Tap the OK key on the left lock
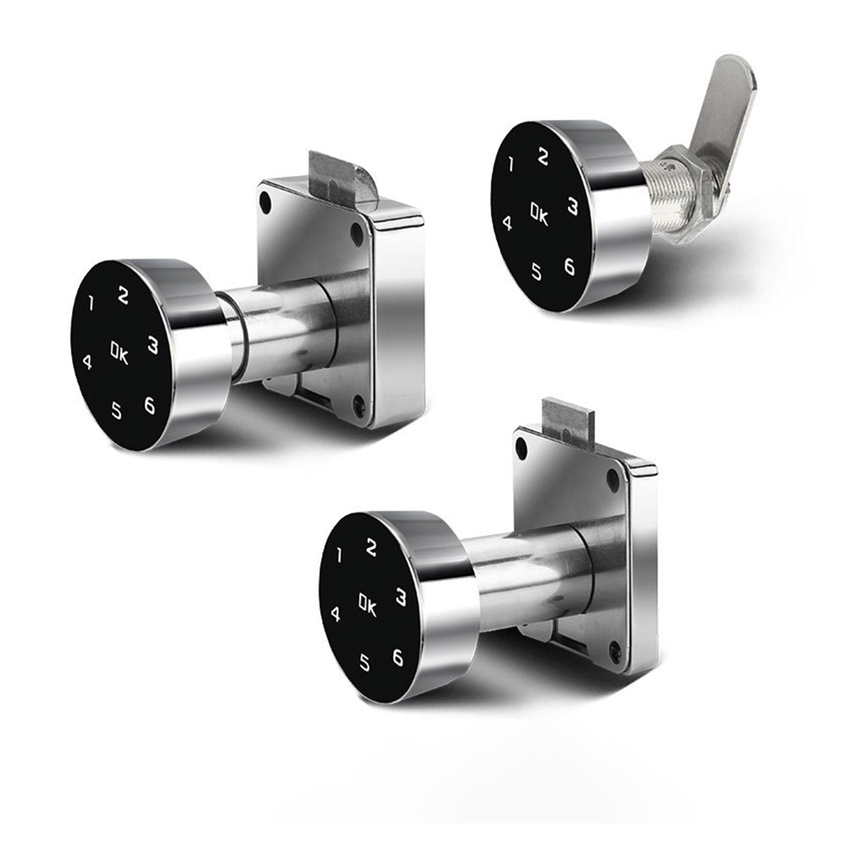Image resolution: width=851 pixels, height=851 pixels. (x=119, y=353)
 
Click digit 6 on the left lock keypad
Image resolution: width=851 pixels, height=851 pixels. (x=149, y=406)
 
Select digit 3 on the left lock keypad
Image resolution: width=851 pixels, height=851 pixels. (x=153, y=345)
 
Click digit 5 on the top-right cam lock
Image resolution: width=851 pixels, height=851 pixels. (x=537, y=271)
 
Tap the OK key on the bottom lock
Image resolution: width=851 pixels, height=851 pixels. (x=368, y=606)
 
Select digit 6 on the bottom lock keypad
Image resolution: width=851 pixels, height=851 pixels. (x=398, y=657)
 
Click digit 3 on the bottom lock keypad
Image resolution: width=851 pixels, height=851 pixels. (x=401, y=597)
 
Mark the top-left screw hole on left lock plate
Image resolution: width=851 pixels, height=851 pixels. (x=265, y=201)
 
